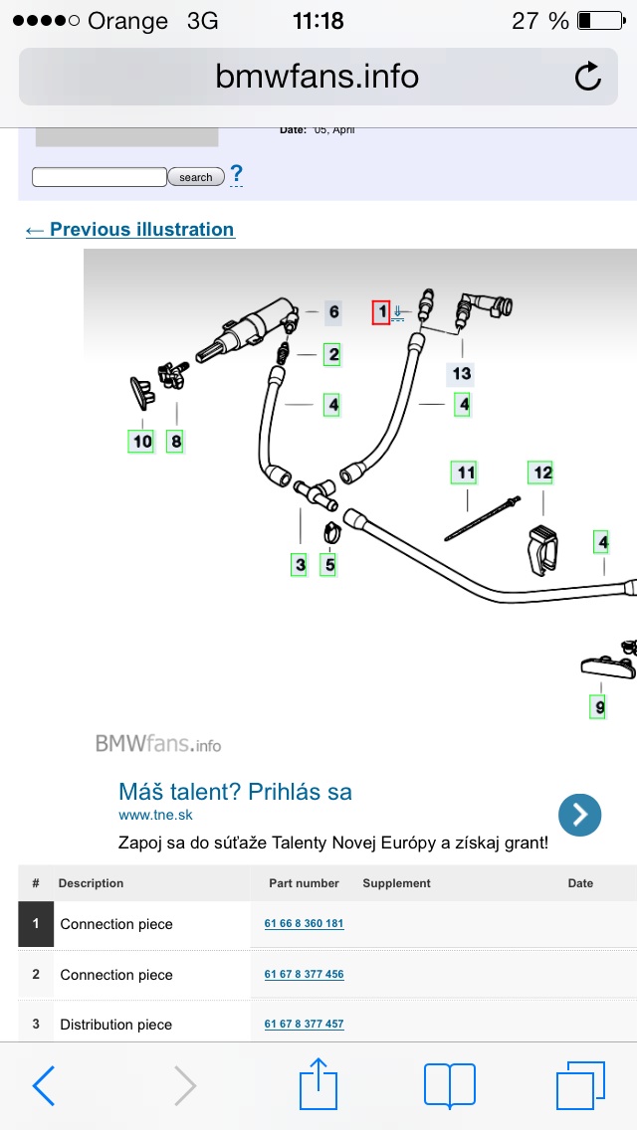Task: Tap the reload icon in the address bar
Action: pos(588,77)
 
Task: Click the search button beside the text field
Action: pos(195,177)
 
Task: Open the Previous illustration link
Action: pos(130,230)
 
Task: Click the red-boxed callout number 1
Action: pos(381,312)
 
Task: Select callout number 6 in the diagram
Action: pos(333,312)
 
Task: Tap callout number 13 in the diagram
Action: pos(462,374)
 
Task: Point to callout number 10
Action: pos(142,441)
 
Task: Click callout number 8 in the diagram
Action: pos(175,441)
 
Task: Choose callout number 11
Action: pos(465,472)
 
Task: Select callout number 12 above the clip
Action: pos(541,472)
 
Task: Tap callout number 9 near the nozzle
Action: pos(599,707)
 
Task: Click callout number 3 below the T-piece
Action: pos(300,565)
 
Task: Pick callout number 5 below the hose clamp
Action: pos(328,565)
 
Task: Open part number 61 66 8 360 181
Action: pos(304,924)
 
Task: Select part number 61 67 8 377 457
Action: pos(304,1025)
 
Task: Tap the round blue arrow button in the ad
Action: pos(579,815)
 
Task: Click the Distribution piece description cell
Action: pos(116,1025)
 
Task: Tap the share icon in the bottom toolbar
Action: pos(318,1084)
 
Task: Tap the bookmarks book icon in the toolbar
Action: pos(449,1084)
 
